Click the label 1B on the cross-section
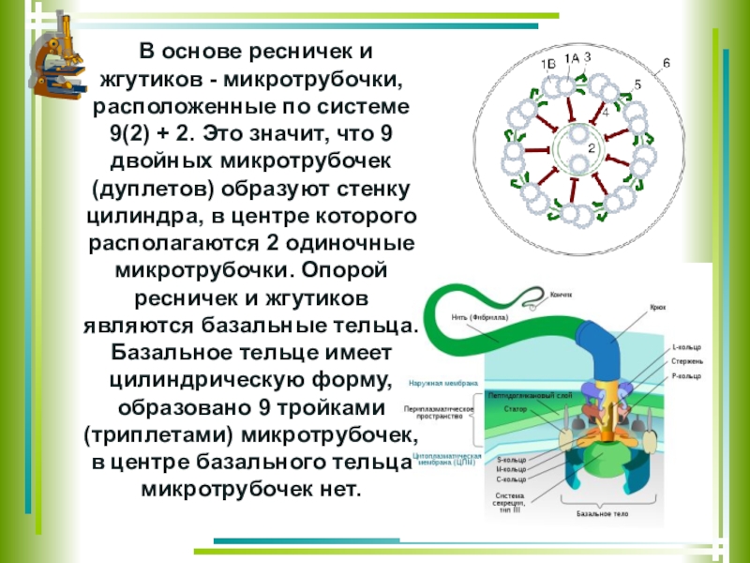[548, 64]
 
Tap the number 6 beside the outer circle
[667, 63]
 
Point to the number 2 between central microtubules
[592, 147]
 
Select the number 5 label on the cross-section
[637, 84]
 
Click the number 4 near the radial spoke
[605, 112]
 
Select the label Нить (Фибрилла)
[480, 317]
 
